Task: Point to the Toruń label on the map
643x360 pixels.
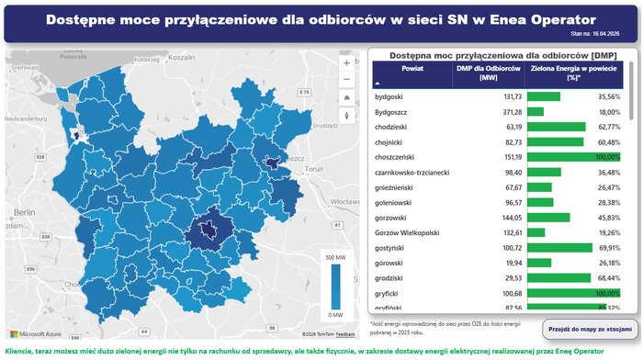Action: [315, 170]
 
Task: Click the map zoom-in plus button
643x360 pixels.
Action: [346, 63]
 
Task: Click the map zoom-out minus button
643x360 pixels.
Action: [346, 80]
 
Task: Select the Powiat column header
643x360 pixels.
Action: [412, 69]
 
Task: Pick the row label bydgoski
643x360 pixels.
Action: [390, 96]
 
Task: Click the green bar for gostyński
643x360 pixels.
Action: [560, 248]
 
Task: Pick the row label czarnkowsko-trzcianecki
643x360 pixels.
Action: [412, 172]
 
